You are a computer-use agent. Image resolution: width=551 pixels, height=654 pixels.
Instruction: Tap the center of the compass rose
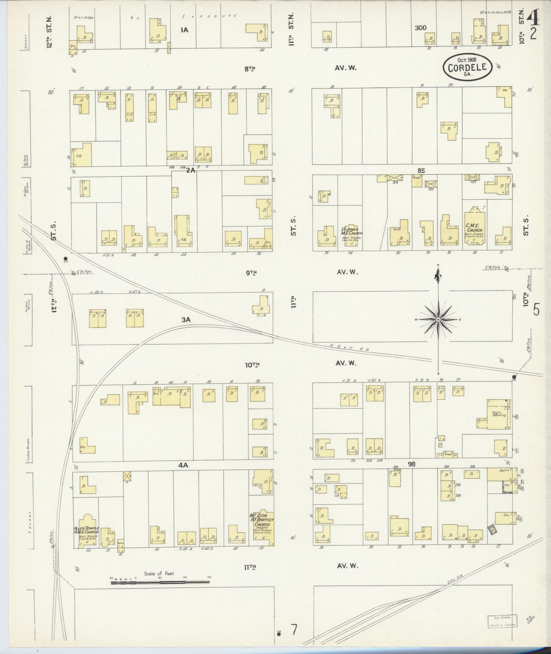click(x=438, y=319)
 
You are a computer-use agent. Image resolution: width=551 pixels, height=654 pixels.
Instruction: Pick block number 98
click(x=411, y=464)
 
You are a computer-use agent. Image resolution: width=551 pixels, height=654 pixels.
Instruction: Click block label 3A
click(x=185, y=320)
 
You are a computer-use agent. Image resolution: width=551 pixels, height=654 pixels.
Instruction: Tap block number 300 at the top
click(x=421, y=28)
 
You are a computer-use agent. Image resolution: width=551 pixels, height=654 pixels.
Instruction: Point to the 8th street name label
click(x=250, y=68)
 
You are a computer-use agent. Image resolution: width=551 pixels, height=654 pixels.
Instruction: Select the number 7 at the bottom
click(x=293, y=628)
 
